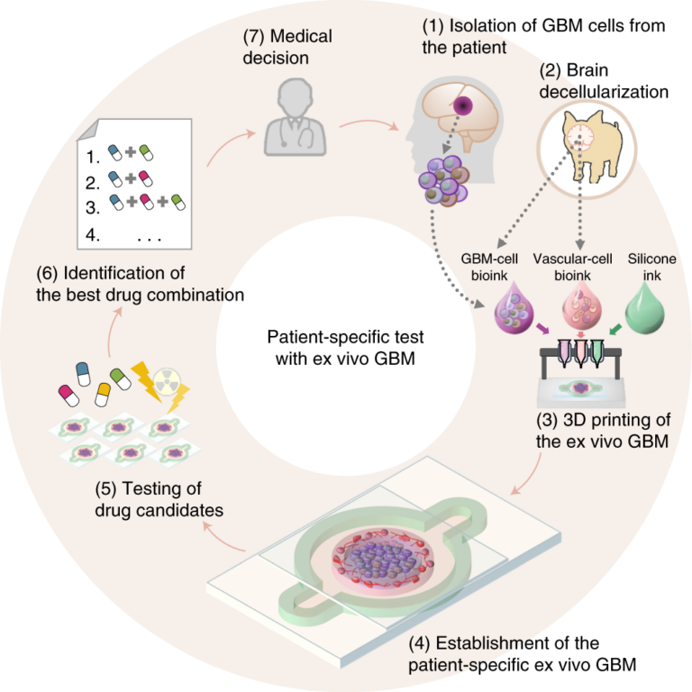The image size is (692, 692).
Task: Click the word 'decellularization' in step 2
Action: [x=605, y=91]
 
